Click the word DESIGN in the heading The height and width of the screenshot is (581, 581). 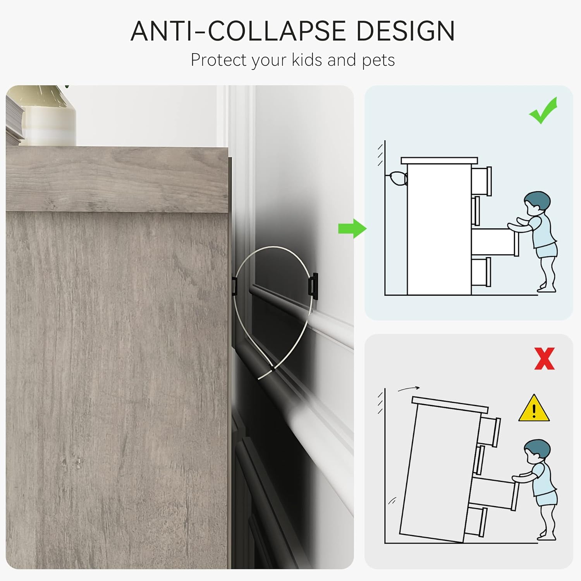click(405, 31)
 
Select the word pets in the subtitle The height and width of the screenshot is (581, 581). click(378, 60)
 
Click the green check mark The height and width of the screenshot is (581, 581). click(543, 111)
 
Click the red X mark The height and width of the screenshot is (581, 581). click(544, 359)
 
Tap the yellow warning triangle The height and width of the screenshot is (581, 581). click(534, 409)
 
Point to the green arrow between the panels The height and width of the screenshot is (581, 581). click(352, 229)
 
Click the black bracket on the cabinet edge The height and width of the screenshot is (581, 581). click(234, 286)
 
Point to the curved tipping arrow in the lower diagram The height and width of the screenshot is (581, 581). click(409, 388)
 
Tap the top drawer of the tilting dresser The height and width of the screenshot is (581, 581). click(490, 431)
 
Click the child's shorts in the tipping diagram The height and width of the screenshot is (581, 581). click(546, 498)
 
